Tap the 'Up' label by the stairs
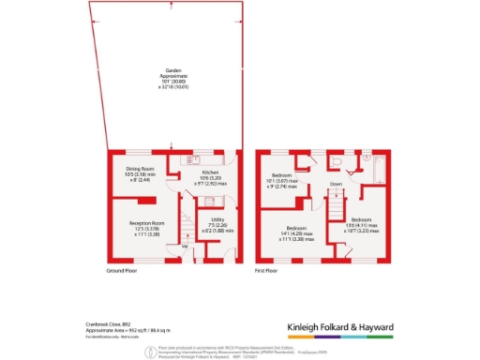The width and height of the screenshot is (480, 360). [183, 246]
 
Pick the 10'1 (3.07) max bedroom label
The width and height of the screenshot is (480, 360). [282, 180]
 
